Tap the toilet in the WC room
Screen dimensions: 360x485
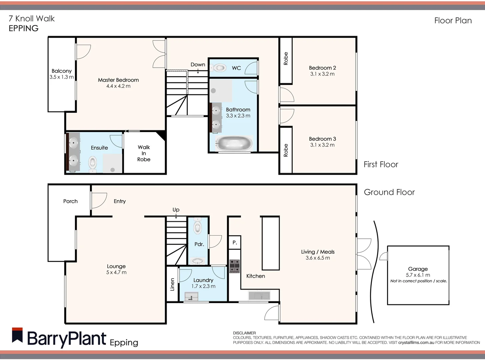pyautogui.click(x=219, y=68)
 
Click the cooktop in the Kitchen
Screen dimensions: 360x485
pyautogui.click(x=235, y=266)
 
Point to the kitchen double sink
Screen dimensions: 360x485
pyautogui.click(x=260, y=295)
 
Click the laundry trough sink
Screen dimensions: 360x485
pyautogui.click(x=191, y=296)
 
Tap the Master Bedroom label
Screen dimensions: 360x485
pyautogui.click(x=118, y=80)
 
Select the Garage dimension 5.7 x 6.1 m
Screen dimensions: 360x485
pyautogui.click(x=418, y=275)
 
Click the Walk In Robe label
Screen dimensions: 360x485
pyautogui.click(x=144, y=153)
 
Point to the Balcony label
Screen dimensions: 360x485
pyautogui.click(x=61, y=71)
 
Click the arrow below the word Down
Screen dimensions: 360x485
pyautogui.click(x=198, y=71)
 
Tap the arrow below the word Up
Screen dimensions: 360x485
pyautogui.click(x=176, y=216)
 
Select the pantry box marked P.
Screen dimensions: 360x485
pyautogui.click(x=235, y=243)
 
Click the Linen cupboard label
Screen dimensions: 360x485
pyautogui.click(x=172, y=284)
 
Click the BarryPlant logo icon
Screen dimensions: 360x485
pyautogui.click(x=17, y=336)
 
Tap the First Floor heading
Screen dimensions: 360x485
pyautogui.click(x=381, y=164)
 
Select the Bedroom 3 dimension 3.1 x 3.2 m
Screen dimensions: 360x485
pyautogui.click(x=322, y=145)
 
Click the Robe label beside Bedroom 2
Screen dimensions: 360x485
pyautogui.click(x=286, y=59)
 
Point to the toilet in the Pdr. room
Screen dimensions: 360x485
pyautogui.click(x=198, y=227)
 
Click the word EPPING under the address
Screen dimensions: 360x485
pyautogui.click(x=23, y=28)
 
